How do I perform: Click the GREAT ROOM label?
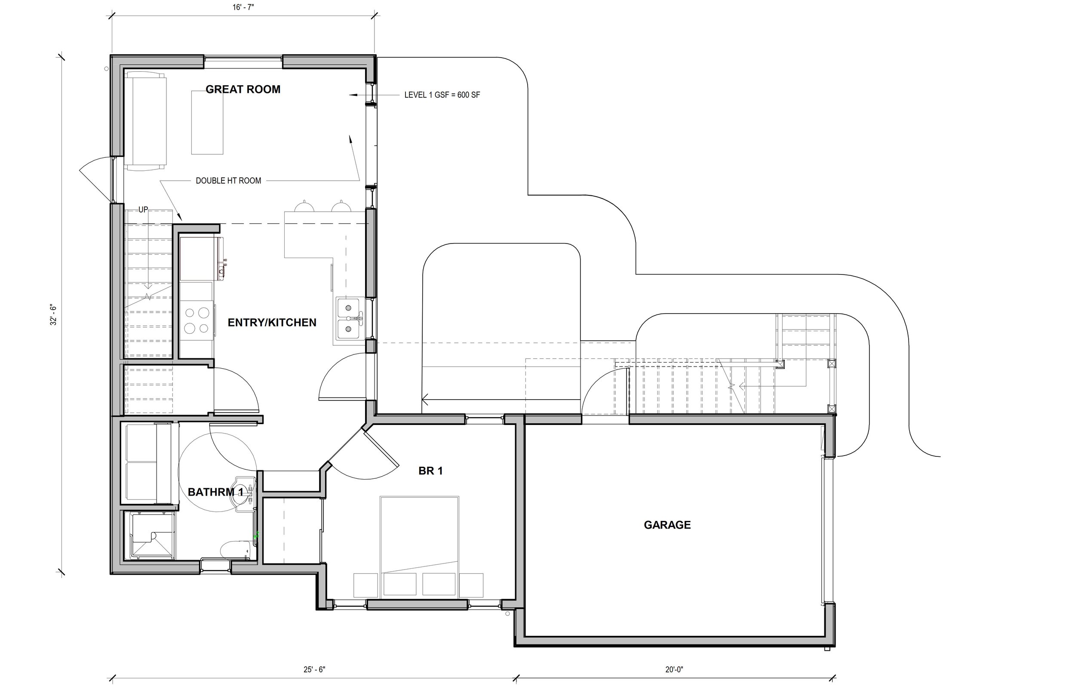pyautogui.click(x=243, y=89)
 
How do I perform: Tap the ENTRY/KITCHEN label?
pyautogui.click(x=272, y=323)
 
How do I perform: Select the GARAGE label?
pyautogui.click(x=667, y=525)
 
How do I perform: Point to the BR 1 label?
pyautogui.click(x=430, y=471)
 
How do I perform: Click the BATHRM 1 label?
pyautogui.click(x=215, y=492)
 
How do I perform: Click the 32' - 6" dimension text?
pyautogui.click(x=53, y=315)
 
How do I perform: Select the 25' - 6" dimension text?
pyautogui.click(x=314, y=669)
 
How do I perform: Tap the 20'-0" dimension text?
pyautogui.click(x=674, y=669)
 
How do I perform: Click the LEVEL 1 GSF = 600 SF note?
pyautogui.click(x=442, y=95)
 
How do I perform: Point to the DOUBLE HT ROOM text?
pyautogui.click(x=229, y=181)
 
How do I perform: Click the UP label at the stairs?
pyautogui.click(x=143, y=210)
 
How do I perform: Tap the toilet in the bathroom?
pyautogui.click(x=236, y=550)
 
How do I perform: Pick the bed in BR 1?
pyautogui.click(x=419, y=547)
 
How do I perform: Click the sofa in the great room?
pyautogui.click(x=145, y=121)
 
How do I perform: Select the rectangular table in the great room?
pyautogui.click(x=207, y=123)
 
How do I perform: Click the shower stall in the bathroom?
pyautogui.click(x=153, y=536)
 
